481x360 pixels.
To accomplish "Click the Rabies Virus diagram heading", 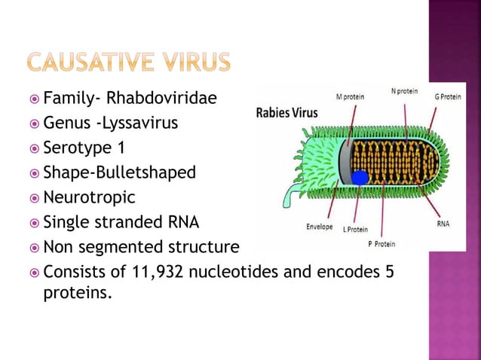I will pyautogui.click(x=287, y=114).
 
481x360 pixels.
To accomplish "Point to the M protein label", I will pyautogui.click(x=351, y=96).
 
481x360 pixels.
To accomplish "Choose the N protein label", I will pyautogui.click(x=404, y=91).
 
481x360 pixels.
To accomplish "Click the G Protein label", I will pyautogui.click(x=448, y=96).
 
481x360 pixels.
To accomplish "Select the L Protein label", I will pyautogui.click(x=355, y=228).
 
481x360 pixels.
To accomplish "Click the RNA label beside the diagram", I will pyautogui.click(x=444, y=223).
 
